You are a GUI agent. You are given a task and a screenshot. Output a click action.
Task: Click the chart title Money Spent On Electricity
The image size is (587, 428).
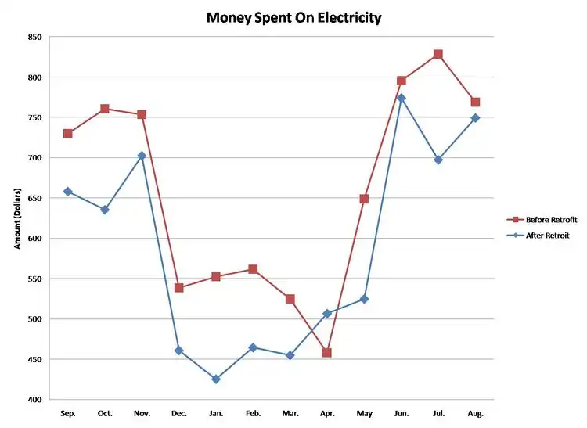pos(293,17)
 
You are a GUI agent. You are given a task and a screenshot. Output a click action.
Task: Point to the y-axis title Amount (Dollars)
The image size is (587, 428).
pos(17,218)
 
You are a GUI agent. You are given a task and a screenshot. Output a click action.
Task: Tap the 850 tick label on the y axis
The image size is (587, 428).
pos(34,37)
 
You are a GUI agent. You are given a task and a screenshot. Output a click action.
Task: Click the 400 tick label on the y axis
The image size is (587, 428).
pos(34,400)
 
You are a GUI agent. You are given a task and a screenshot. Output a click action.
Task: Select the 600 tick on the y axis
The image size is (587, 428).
pos(34,239)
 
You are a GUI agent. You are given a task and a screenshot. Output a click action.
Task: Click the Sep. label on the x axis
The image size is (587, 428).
pos(68,412)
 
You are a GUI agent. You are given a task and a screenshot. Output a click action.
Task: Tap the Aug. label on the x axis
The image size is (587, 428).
pos(475,412)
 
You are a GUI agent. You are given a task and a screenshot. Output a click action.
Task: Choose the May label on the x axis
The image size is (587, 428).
pos(364,412)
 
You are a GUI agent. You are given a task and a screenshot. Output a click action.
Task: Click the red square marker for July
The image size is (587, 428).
pos(438,54)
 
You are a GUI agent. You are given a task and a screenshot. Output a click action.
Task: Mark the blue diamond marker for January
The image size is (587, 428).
pos(216,379)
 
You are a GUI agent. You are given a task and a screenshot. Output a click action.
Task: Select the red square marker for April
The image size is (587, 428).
pos(327,353)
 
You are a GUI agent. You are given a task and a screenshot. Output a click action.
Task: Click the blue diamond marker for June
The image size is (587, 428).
pos(401,98)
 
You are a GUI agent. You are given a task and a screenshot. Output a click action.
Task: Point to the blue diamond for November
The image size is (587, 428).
pos(142,156)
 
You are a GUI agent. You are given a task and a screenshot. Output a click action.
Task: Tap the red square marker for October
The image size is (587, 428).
pos(105,109)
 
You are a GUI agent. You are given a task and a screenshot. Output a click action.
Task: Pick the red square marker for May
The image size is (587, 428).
pos(364,199)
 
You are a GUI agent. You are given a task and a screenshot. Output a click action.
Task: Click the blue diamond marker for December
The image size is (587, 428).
pos(179,351)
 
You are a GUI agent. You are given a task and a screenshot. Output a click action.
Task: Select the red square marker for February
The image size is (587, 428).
pos(253,269)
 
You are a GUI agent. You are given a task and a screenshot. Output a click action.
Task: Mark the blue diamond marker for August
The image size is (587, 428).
pos(475,117)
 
